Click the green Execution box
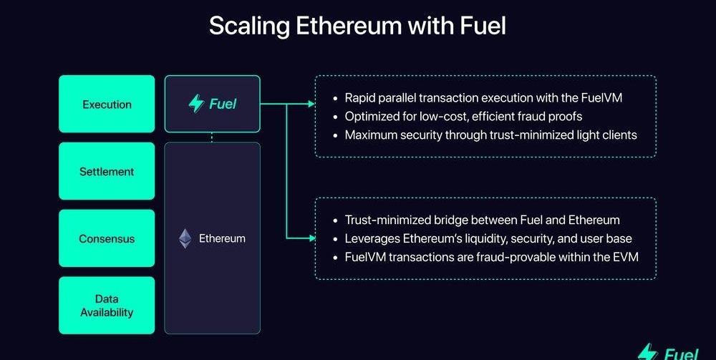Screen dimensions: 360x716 107,104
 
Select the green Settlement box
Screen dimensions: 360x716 107,171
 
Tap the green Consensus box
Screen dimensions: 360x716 107,238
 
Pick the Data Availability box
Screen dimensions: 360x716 107,306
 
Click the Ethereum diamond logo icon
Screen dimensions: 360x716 185,238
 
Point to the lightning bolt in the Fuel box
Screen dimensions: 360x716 196,104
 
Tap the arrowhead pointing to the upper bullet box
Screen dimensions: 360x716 311,104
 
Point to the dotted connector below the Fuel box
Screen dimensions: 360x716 212,137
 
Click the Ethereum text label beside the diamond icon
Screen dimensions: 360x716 222,238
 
